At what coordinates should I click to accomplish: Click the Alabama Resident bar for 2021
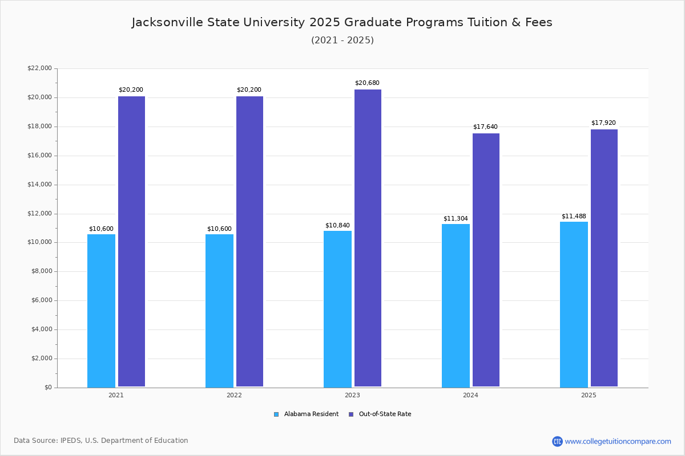point(101,311)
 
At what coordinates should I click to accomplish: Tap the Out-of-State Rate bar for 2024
point(486,260)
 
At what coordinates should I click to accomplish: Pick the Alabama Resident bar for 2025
point(574,304)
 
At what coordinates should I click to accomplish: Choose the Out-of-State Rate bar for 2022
point(249,242)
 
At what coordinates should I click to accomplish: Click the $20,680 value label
point(367,83)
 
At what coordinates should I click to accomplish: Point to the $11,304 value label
point(456,219)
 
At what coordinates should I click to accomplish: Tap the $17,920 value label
point(603,123)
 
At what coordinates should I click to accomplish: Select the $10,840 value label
point(337,226)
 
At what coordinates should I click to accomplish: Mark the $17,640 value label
point(485,127)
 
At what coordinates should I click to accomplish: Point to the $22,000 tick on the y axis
point(39,68)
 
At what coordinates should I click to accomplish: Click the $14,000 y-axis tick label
point(39,185)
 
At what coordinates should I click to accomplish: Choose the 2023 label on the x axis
point(352,395)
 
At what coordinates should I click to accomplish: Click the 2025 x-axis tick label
point(589,395)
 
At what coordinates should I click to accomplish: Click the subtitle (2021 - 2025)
point(342,40)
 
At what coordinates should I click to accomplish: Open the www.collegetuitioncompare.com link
point(618,441)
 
